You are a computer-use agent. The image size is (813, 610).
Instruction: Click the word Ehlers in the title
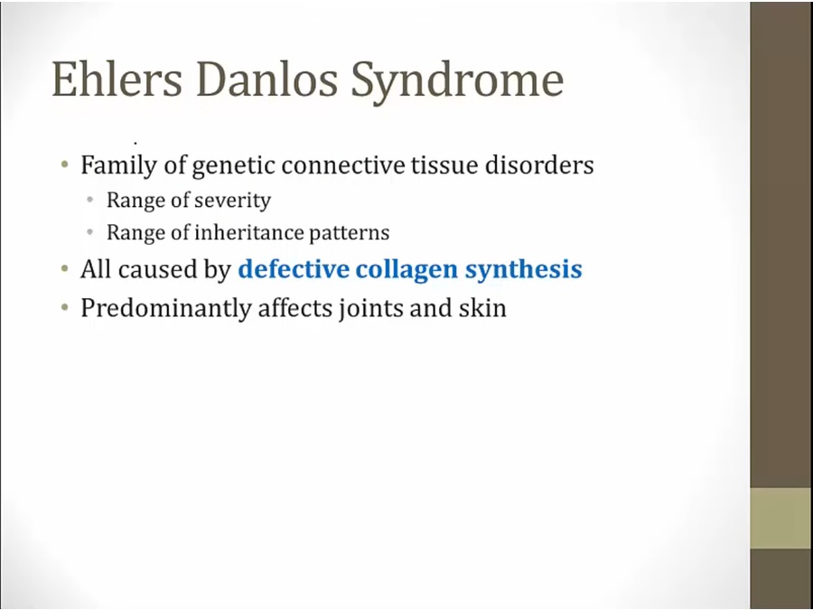point(117,79)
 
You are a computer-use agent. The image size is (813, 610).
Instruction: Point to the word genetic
point(234,166)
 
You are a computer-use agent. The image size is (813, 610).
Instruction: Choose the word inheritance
point(248,232)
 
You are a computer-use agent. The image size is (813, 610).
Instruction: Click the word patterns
point(349,233)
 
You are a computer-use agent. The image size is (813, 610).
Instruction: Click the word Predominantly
point(166,309)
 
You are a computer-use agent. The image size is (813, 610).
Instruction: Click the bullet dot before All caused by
point(64,268)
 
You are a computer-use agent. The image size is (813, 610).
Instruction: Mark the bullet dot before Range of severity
point(90,199)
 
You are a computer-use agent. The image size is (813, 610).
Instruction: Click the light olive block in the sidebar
point(781,518)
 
